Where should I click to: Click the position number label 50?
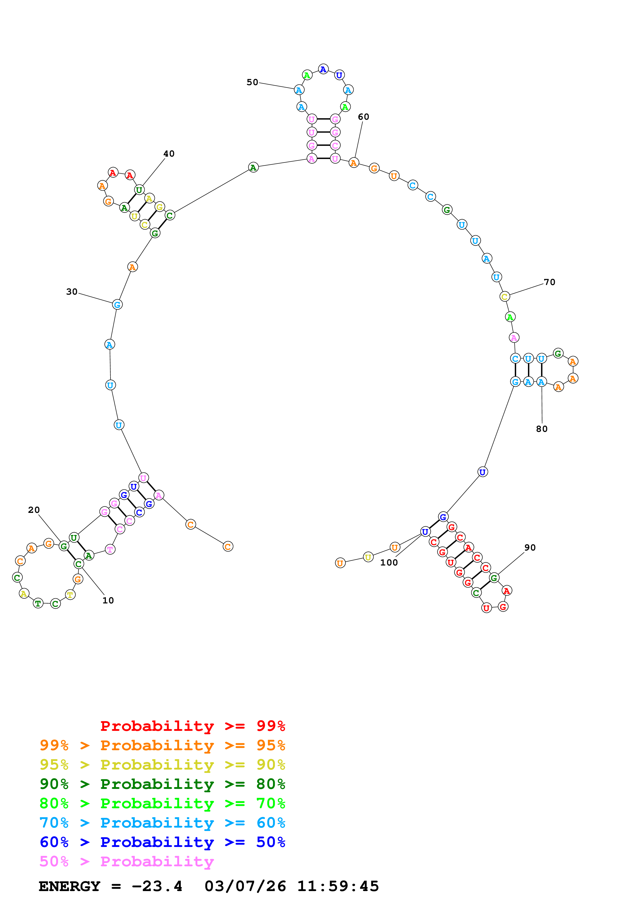coord(252,82)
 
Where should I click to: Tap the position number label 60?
coord(364,117)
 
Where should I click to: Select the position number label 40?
coord(169,154)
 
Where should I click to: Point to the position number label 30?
coord(72,292)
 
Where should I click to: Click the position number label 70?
coord(549,282)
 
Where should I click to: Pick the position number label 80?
coord(542,429)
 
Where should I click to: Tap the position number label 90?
coord(530,547)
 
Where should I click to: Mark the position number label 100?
coord(389,562)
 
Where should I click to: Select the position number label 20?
coord(34,510)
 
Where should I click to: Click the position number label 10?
coord(108,600)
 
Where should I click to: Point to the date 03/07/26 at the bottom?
coord(245,886)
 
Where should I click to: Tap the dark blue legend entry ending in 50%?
coord(162,842)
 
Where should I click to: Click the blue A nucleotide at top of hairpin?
coord(323,69)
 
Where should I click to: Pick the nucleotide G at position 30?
coord(117,304)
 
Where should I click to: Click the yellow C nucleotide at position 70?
coord(504,296)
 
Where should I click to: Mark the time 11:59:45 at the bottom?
coord(338,886)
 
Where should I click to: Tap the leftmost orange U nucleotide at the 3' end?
coord(340,563)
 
